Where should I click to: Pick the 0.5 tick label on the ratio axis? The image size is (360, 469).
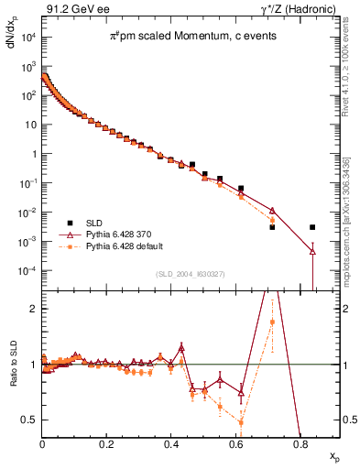[29, 420]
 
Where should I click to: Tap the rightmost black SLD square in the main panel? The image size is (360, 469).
[312, 227]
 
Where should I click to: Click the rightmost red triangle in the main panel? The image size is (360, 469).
[312, 250]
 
